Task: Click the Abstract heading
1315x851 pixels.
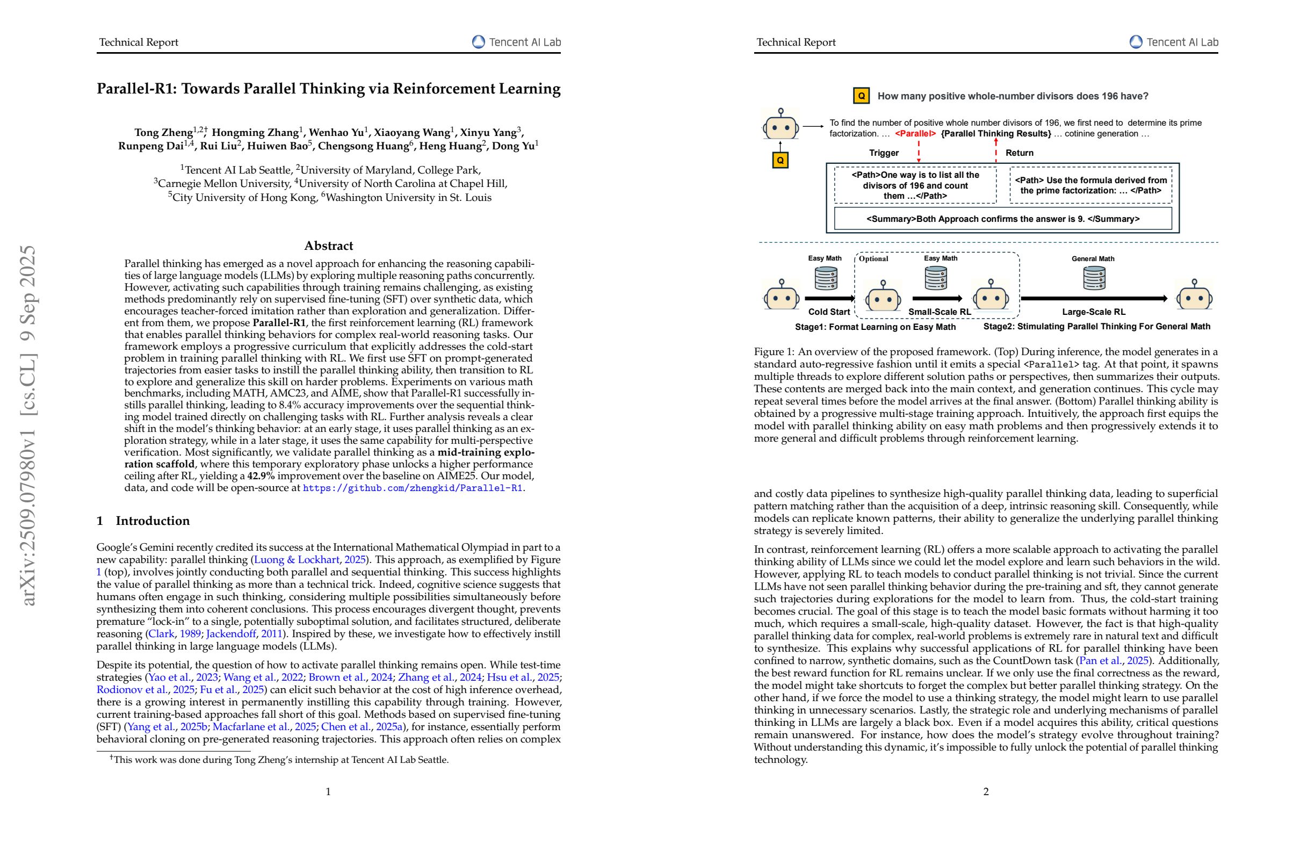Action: tap(328, 246)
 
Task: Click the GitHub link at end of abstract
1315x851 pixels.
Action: tap(412, 488)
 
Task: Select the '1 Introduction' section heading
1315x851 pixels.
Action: tap(143, 521)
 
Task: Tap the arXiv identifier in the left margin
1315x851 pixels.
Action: tap(28, 425)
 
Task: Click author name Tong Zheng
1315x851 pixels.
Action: tap(163, 133)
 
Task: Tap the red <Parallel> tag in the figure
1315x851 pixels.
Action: tap(915, 134)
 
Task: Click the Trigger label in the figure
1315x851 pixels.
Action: tap(884, 153)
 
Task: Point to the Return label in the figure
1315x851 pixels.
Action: tap(1019, 153)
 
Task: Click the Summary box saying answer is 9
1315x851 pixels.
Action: tap(1002, 219)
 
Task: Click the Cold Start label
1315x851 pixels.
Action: tap(829, 312)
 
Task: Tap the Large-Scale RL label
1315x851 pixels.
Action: tap(1093, 312)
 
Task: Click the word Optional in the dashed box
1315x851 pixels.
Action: tap(873, 258)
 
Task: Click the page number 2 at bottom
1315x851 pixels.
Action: tap(986, 791)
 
